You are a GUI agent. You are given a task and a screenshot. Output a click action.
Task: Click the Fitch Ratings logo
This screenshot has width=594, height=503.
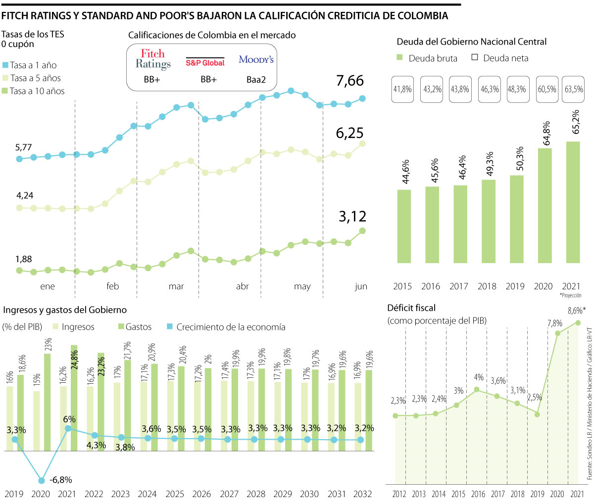coord(153,59)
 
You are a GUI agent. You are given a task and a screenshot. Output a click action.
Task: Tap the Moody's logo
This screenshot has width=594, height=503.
coord(256,59)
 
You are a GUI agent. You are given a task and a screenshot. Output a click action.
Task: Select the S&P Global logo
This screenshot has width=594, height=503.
coord(205,62)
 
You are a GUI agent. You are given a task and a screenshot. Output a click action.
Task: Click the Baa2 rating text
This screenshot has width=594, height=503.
coord(256,79)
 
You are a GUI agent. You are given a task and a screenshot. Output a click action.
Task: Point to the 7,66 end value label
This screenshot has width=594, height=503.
coord(350,81)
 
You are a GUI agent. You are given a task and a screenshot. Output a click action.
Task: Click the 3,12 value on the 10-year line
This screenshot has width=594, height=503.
coord(352,216)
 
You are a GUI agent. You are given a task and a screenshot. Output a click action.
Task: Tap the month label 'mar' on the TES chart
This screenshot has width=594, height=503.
coord(176,286)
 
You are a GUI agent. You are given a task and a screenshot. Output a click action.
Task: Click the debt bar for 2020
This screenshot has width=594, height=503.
coord(544,205)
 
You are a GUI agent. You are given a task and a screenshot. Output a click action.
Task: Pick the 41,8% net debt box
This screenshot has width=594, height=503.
coord(402,90)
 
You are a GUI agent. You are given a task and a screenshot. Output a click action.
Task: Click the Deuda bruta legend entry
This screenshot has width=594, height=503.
coord(427,58)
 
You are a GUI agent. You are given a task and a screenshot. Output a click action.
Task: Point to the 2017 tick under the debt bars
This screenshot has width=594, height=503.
coord(459,286)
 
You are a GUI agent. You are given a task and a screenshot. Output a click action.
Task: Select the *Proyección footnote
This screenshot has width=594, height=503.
coord(570,295)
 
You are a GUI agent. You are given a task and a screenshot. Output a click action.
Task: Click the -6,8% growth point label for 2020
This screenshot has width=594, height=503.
coord(61,479)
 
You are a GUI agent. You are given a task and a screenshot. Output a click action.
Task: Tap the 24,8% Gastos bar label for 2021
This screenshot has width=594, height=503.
coord(74,362)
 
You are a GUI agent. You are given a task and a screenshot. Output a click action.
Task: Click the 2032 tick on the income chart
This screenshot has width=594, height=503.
coord(362,494)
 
